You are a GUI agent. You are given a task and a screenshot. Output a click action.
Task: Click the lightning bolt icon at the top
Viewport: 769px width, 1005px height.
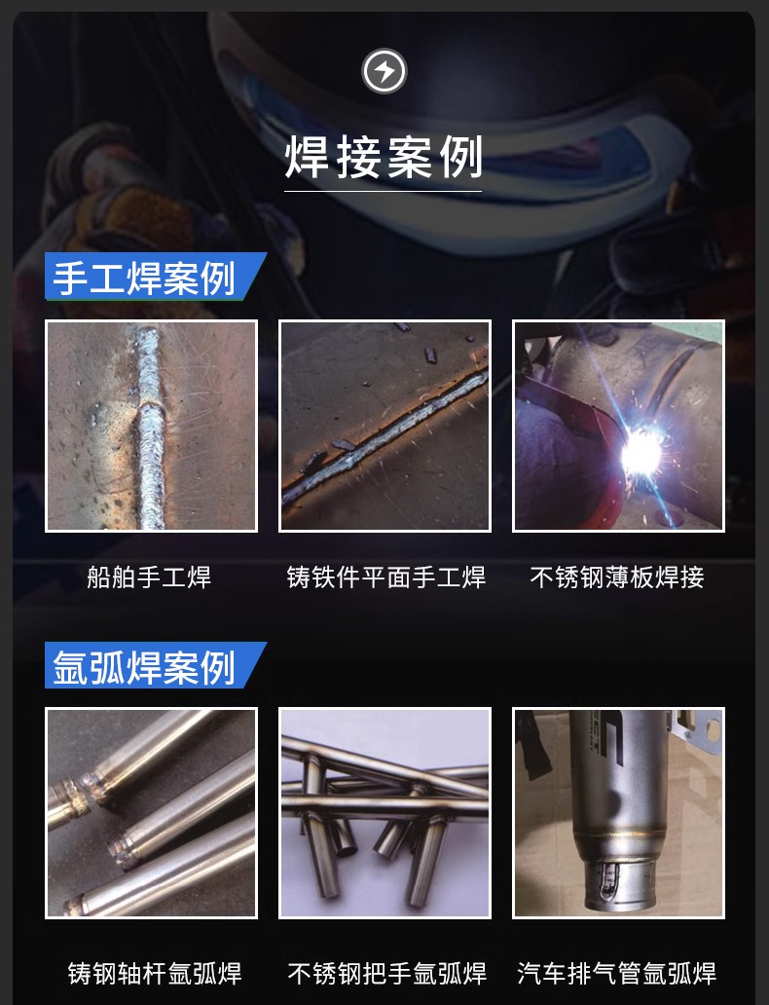tap(384, 70)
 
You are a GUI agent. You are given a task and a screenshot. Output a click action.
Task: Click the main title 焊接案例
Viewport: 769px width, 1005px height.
tap(384, 157)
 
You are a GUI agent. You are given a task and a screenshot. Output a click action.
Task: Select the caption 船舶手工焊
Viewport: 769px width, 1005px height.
tap(149, 577)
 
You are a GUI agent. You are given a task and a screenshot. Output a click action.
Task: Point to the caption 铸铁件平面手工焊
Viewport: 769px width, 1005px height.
tap(385, 577)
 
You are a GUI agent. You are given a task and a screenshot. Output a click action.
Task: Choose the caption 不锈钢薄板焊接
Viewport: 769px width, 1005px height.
tap(617, 577)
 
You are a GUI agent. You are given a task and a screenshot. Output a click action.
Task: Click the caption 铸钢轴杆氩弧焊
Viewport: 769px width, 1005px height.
tap(155, 973)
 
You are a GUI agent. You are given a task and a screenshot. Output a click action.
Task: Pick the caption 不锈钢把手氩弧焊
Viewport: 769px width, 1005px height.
tap(386, 973)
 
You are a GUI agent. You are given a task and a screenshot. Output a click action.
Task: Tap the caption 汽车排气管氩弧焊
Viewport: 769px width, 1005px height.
tap(616, 973)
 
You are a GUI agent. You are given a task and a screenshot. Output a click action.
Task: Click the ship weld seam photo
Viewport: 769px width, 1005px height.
tap(151, 426)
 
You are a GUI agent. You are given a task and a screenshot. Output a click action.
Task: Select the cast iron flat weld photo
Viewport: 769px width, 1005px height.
tap(384, 426)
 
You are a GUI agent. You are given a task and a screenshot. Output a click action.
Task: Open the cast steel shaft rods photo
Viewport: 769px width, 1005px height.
tap(151, 813)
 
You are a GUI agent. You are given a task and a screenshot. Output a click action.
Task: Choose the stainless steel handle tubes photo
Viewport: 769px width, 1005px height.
tap(384, 813)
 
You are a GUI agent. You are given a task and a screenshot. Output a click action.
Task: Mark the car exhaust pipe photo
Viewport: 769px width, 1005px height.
tap(618, 813)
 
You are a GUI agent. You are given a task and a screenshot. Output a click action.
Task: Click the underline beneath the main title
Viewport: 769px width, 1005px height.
tap(384, 191)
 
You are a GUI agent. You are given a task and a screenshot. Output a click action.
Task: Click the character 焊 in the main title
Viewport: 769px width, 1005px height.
tap(308, 157)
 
